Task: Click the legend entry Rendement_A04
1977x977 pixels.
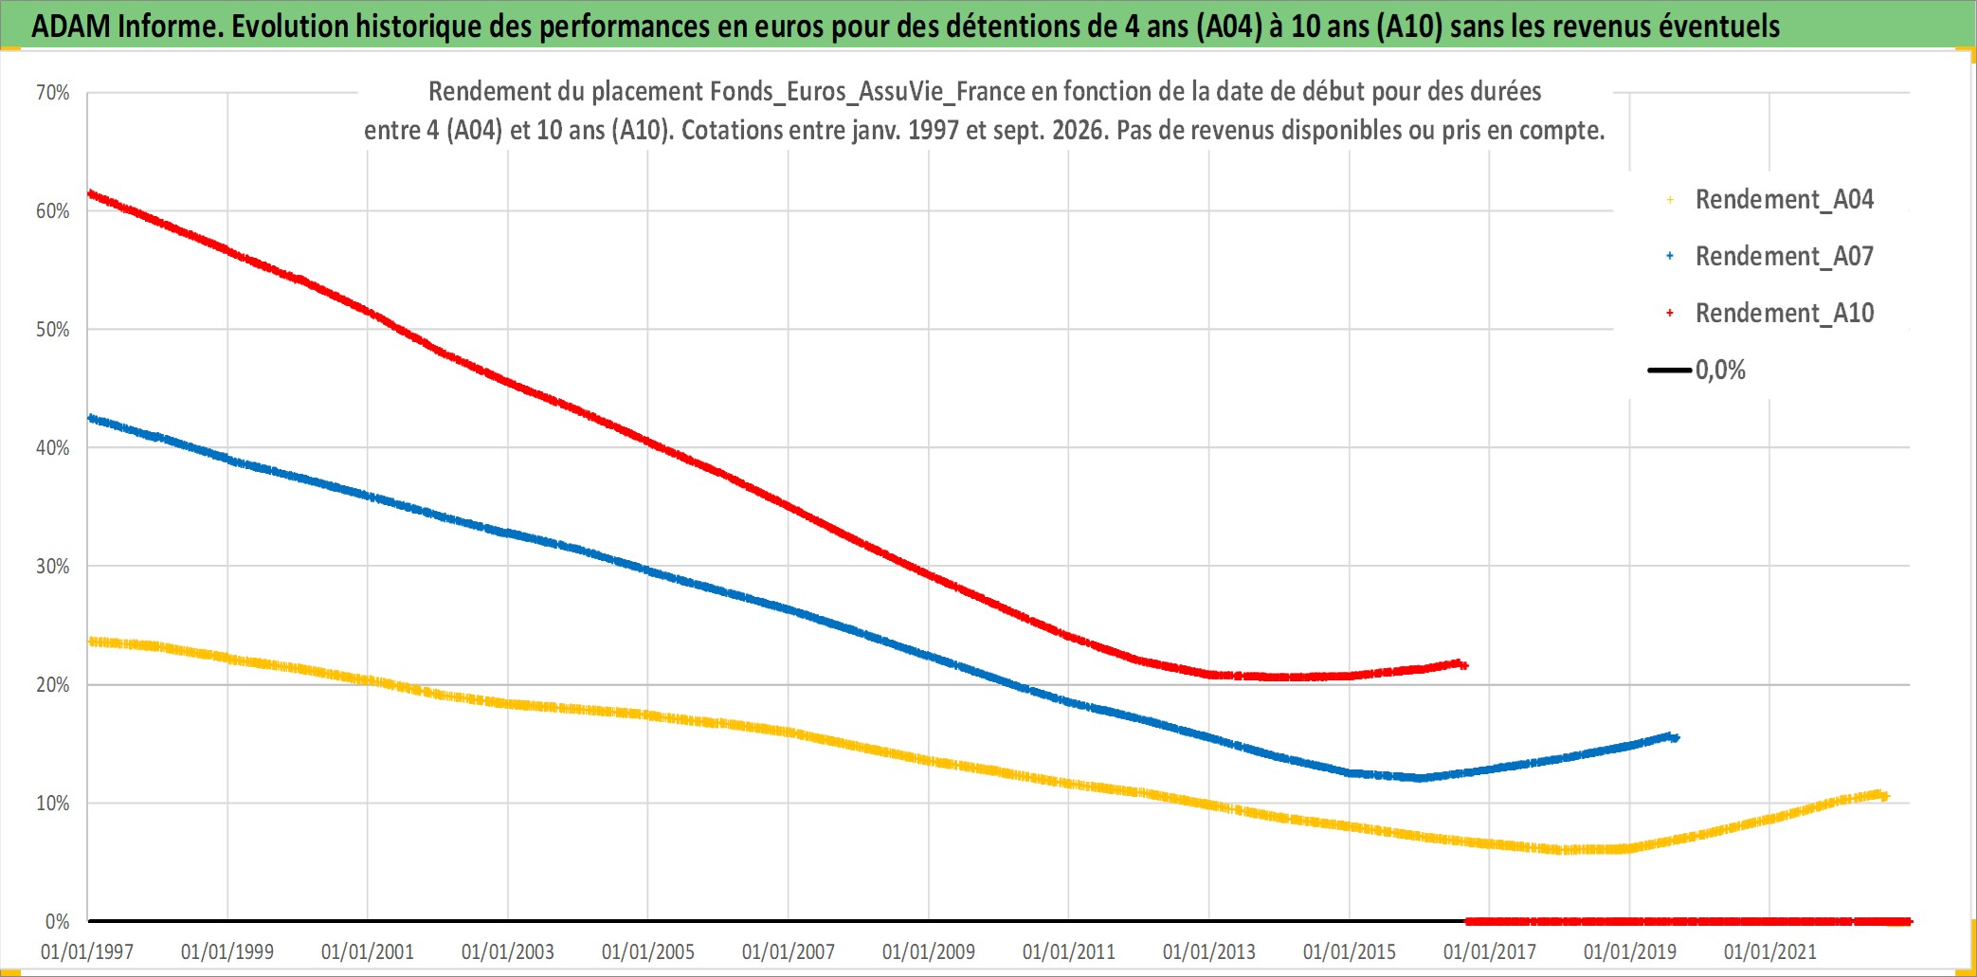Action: pos(1769,200)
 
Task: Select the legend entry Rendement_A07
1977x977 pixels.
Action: pos(1769,257)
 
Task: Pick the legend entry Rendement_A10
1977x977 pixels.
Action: pos(1769,314)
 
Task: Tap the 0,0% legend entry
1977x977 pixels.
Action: pos(1696,370)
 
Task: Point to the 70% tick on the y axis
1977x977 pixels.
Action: pos(53,93)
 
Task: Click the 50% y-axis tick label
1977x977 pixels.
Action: pos(53,330)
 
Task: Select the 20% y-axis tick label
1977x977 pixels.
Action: pos(53,685)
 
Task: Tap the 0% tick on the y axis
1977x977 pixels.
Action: pos(58,922)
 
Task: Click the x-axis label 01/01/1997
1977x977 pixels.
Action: pos(87,951)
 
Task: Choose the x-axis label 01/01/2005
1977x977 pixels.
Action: pos(648,951)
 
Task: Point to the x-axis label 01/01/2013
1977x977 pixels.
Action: pos(1209,951)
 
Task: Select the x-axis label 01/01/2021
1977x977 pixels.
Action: pos(1770,951)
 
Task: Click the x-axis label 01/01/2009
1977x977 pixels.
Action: pos(929,951)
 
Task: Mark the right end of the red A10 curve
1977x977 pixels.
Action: pos(1464,665)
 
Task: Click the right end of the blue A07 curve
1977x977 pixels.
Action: pos(1675,737)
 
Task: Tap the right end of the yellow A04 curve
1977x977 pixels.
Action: pos(1885,796)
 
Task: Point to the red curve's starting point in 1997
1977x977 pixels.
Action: pos(90,193)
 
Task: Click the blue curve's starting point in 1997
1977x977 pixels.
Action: pos(90,418)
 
